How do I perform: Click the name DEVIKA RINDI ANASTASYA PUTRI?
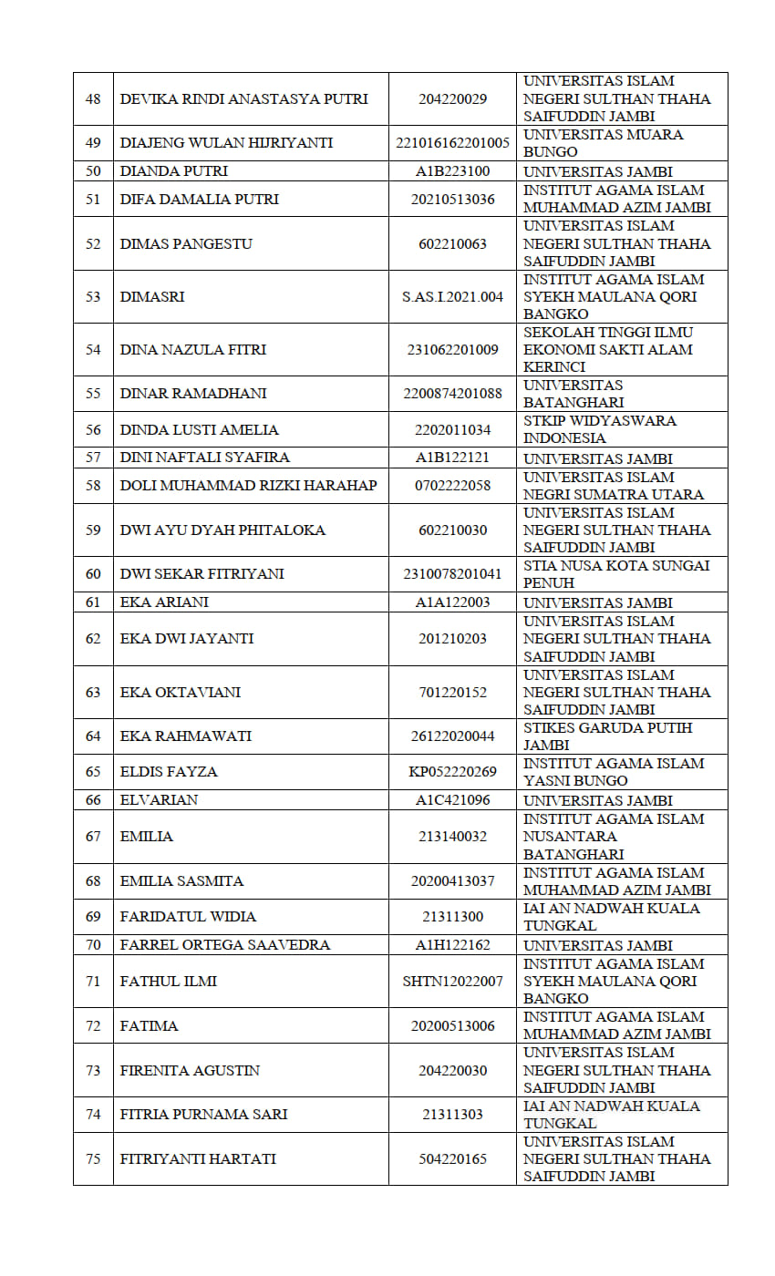pos(243,98)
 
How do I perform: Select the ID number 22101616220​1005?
pos(452,143)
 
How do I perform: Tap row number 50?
pos(93,171)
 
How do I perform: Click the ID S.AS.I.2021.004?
pos(452,296)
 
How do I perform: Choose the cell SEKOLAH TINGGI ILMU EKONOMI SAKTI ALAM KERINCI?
pos(608,349)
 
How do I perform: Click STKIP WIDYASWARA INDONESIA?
pos(599,429)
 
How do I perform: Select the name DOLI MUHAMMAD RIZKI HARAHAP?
pos(248,485)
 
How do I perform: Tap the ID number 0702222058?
pos(452,485)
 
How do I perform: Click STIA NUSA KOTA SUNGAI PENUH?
pos(616,574)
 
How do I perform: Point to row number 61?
pos(93,602)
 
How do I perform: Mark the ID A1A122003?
pos(452,602)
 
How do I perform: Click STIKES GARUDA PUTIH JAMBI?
pos(607,736)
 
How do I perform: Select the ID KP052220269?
pos(452,772)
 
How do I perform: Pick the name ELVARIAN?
pos(159,800)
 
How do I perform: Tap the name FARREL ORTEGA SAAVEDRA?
pos(224,945)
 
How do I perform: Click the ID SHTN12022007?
pos(452,981)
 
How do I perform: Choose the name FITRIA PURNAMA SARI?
pos(203,1114)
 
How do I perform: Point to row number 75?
pos(93,1158)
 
